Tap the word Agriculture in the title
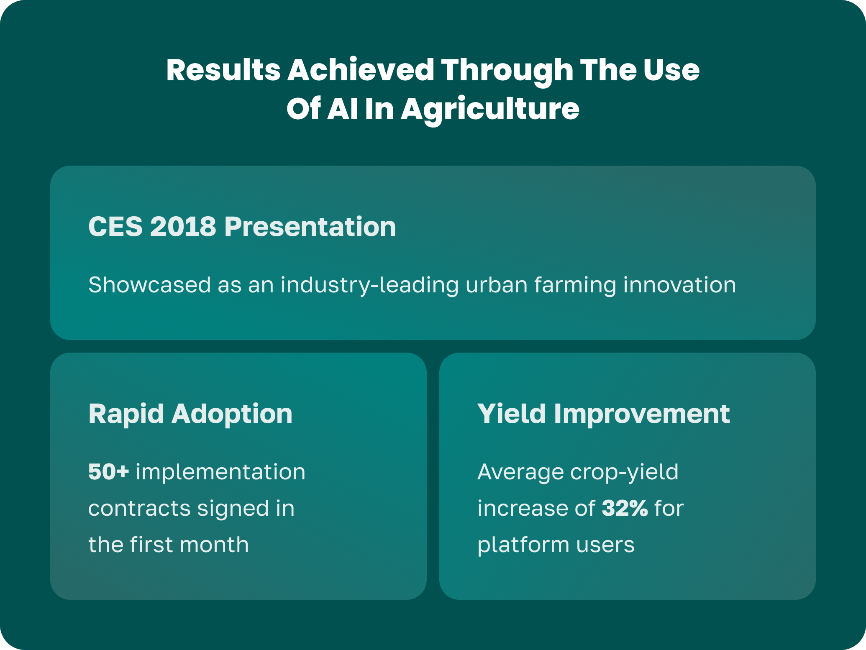pyautogui.click(x=490, y=109)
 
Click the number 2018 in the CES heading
pyautogui.click(x=183, y=227)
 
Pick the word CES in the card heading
pyautogui.click(x=115, y=227)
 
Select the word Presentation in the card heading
pyautogui.click(x=310, y=227)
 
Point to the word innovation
pyautogui.click(x=679, y=285)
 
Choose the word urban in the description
pyautogui.click(x=497, y=285)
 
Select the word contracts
pyautogui.click(x=139, y=508)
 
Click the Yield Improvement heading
pyautogui.click(x=604, y=414)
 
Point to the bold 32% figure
pyautogui.click(x=625, y=508)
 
